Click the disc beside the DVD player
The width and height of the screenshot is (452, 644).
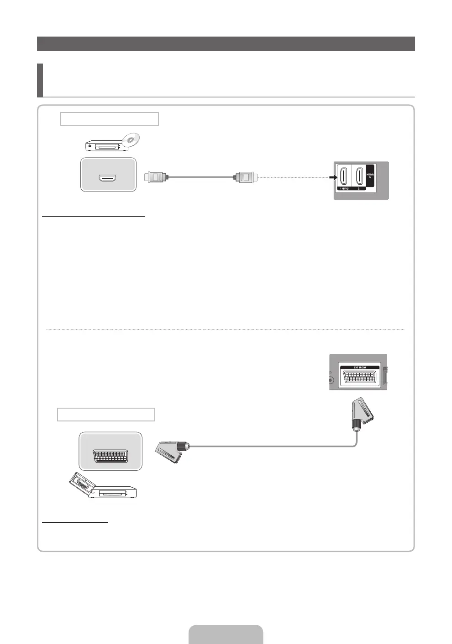131,139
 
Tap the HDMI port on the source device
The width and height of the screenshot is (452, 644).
108,177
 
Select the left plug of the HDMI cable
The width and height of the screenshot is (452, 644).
156,177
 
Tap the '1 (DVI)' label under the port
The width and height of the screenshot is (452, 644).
343,188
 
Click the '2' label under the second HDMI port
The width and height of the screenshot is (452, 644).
359,188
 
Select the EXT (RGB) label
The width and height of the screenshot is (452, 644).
358,367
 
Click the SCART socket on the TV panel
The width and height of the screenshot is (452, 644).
358,378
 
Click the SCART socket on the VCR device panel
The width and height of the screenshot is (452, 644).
110,456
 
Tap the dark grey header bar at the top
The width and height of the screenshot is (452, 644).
226,44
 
